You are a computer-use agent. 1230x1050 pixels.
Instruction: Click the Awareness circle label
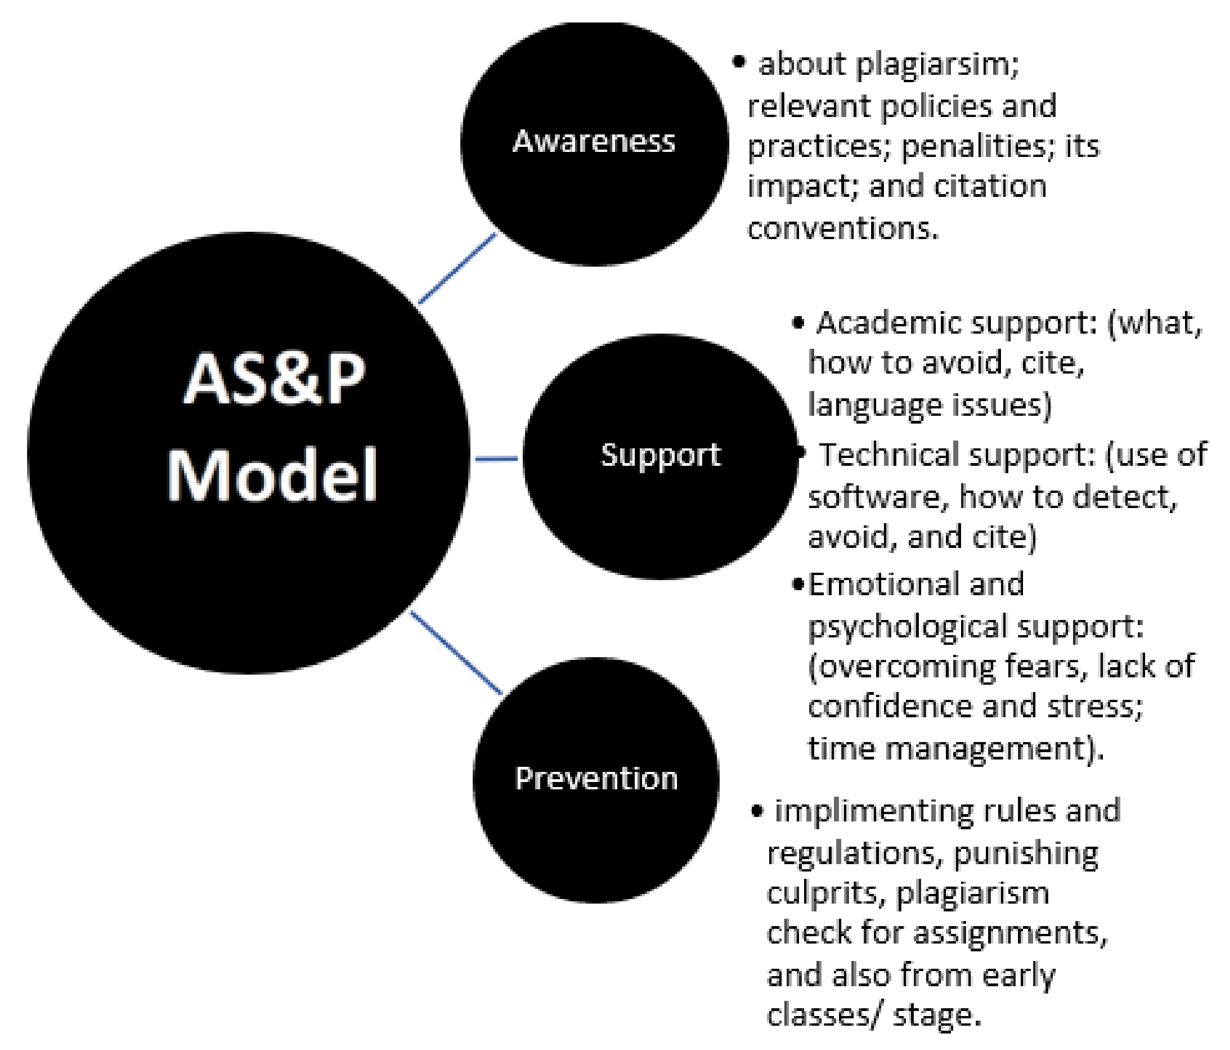[x=593, y=141]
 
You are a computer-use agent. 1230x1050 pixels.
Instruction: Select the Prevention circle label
[x=596, y=778]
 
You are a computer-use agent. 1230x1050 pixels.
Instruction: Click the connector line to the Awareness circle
[x=457, y=268]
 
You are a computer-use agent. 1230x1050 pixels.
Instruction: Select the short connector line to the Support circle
[x=496, y=458]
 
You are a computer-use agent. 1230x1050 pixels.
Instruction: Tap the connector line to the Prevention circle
[x=456, y=652]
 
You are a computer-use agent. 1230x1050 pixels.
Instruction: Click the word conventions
[x=843, y=228]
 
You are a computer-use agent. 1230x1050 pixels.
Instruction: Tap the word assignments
[x=1009, y=933]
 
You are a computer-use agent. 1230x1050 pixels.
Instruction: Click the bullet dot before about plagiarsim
[x=738, y=62]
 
